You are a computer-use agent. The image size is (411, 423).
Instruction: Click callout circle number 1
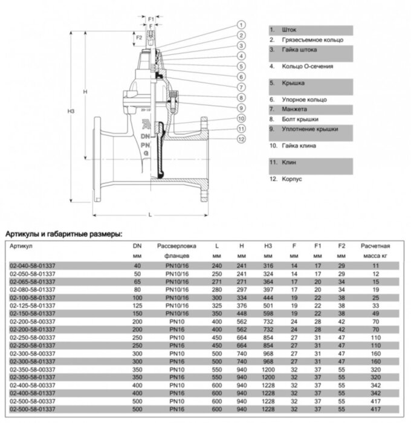click(x=241, y=25)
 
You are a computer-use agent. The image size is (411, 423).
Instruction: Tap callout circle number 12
click(x=241, y=140)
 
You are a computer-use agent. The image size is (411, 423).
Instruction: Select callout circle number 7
click(x=241, y=87)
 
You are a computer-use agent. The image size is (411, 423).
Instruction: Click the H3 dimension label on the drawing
click(x=72, y=112)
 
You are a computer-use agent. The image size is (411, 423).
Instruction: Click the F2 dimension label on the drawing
click(x=138, y=37)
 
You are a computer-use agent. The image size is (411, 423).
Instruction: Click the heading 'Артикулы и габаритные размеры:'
click(x=63, y=233)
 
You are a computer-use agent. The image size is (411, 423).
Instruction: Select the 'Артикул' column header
click(x=21, y=246)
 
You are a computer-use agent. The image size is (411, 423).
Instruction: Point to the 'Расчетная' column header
click(x=375, y=246)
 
